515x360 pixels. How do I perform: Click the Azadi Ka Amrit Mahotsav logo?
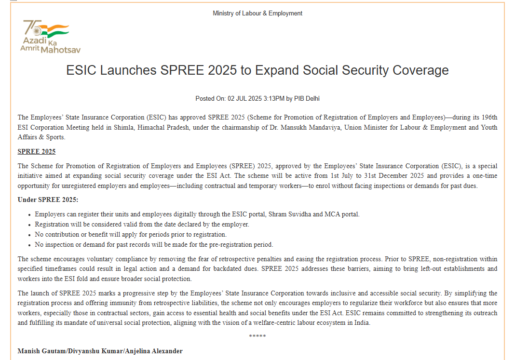tap(50, 37)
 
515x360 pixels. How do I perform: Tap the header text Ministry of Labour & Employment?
tap(257, 13)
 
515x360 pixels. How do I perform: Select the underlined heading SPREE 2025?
tap(37, 152)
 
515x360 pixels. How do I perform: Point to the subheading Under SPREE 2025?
tap(48, 200)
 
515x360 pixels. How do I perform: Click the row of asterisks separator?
tap(257, 336)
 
